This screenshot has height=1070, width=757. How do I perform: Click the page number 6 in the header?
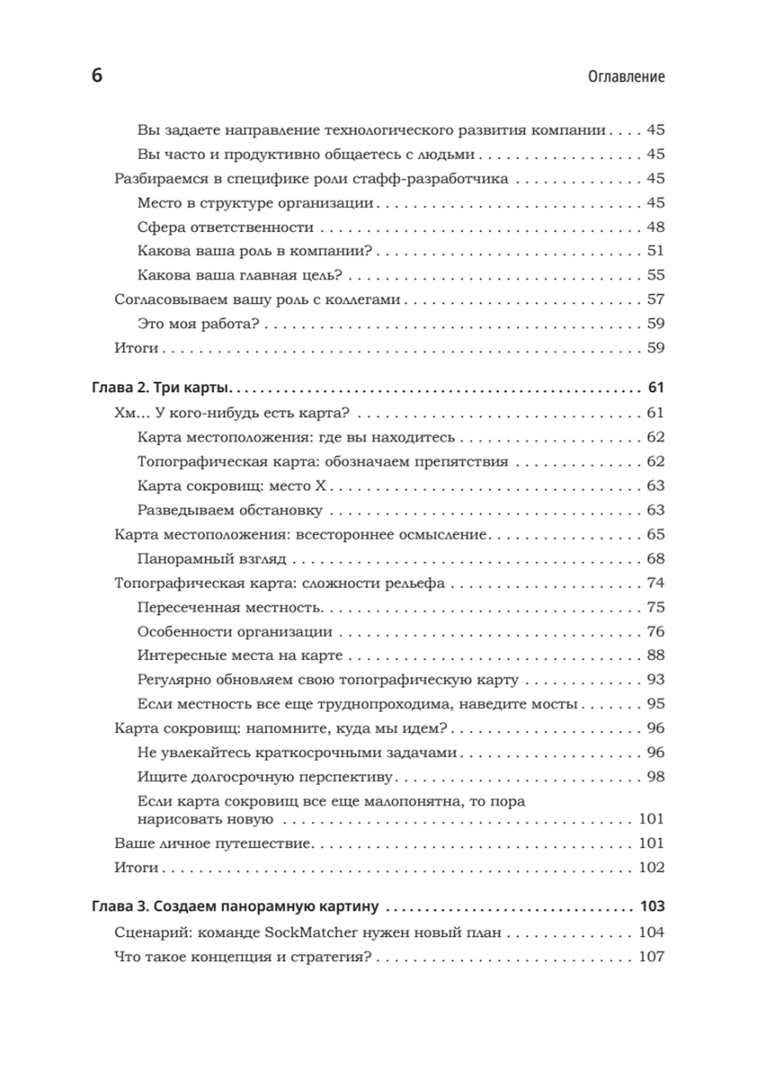[97, 76]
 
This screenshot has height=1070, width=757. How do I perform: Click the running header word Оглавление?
[626, 77]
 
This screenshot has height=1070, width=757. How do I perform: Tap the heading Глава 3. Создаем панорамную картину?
[235, 906]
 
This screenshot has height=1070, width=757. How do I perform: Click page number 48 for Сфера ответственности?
[656, 227]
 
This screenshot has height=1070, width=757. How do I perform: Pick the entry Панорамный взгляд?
[211, 559]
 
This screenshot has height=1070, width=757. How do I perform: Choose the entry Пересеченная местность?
[230, 607]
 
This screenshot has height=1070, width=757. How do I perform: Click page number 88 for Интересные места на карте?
[656, 655]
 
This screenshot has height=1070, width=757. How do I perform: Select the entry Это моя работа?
[198, 324]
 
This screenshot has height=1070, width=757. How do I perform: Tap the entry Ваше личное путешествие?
[212, 843]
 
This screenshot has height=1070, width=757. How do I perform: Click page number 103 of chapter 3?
[652, 906]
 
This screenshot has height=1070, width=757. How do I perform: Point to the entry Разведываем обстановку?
[230, 510]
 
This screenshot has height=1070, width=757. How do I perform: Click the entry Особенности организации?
[235, 631]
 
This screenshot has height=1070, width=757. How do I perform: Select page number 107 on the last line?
[652, 956]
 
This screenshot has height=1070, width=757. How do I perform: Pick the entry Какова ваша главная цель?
[240, 275]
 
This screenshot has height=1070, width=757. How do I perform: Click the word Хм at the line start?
[125, 413]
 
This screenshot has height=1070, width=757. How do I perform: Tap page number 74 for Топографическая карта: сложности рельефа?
[656, 583]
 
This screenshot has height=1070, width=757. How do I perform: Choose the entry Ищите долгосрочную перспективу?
[264, 777]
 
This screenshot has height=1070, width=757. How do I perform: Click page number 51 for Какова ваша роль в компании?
[656, 251]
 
